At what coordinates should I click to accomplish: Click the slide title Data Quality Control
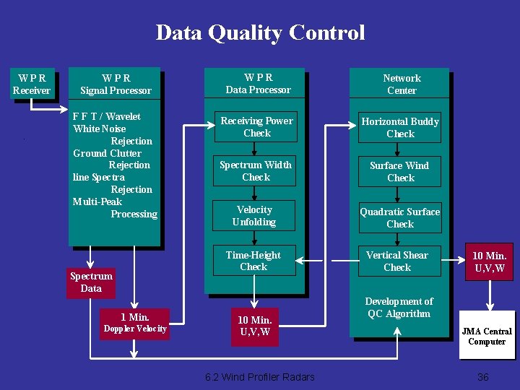[260, 32]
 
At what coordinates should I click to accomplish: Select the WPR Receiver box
[32, 84]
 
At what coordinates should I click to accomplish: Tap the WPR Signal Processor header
[116, 84]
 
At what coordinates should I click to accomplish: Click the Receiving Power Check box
[256, 127]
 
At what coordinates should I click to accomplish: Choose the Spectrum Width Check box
[256, 171]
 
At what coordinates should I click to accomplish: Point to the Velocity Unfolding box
[254, 216]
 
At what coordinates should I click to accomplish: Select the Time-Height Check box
[253, 261]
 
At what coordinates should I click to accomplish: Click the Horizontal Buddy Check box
[400, 127]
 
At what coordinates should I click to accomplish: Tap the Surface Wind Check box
[399, 172]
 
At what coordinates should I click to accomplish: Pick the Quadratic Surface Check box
[400, 217]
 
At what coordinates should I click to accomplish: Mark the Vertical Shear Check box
[397, 261]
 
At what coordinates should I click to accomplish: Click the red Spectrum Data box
[91, 282]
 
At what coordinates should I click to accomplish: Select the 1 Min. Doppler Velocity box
[135, 323]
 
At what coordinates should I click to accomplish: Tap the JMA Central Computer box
[487, 336]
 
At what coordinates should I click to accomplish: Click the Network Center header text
[402, 84]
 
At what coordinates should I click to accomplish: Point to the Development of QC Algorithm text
[399, 307]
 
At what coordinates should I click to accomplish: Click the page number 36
[483, 377]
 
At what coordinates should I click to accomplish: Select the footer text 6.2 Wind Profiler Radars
[260, 377]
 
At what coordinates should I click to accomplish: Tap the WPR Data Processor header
[258, 84]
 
